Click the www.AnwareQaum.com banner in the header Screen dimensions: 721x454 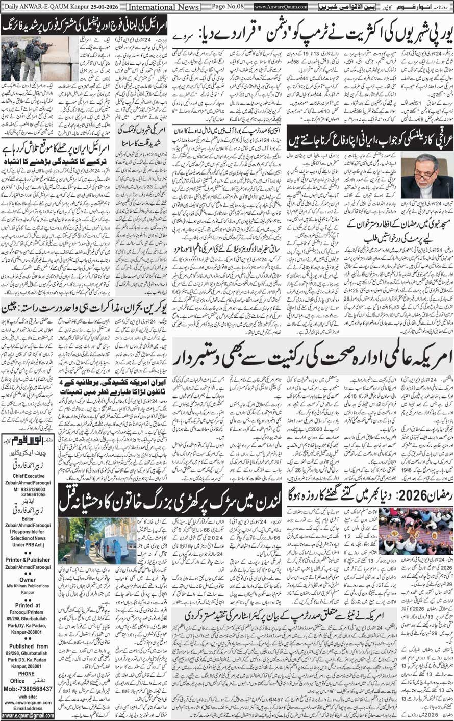pyautogui.click(x=281, y=7)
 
